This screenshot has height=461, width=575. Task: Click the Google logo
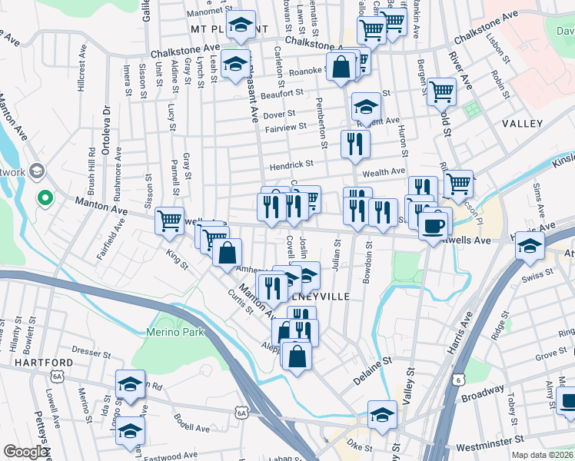coord(25,452)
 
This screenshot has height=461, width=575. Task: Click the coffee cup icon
coord(435,224)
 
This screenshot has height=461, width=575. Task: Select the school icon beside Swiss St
coord(530,246)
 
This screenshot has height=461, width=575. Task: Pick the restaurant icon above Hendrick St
coord(355,144)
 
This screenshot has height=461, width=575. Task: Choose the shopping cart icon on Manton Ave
coord(169,221)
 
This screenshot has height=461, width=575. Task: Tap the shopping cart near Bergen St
coord(442,91)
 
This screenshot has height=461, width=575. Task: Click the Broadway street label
coord(482,396)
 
